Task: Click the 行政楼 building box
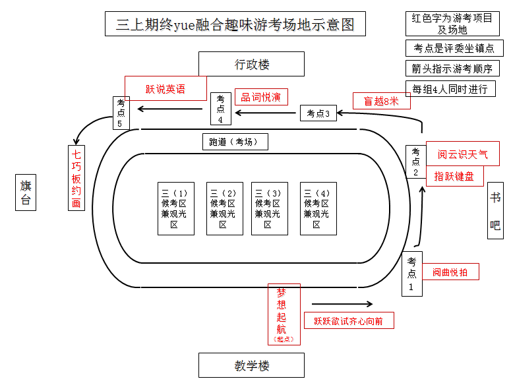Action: coord(251,65)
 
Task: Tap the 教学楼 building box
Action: coord(251,365)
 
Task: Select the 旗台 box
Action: coord(26,192)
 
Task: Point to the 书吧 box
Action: coord(495,210)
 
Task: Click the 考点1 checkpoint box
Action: coord(412,274)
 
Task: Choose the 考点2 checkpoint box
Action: coord(415,162)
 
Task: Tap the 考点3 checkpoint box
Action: coord(318,113)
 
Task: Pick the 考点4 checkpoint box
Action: coord(221,109)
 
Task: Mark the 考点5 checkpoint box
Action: coord(121,113)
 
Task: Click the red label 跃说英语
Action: coord(165,88)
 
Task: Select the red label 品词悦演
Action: coord(261,97)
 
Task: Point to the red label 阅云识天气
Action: coord(462,154)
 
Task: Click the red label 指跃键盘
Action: coord(454,176)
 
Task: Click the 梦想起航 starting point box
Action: coord(284,314)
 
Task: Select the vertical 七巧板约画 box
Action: coord(77,178)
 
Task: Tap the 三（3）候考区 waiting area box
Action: coord(268,208)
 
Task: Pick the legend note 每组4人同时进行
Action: coord(450,89)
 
